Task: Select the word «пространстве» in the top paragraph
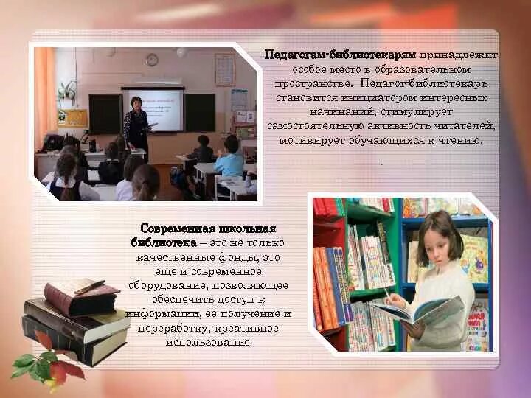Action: click(x=305, y=83)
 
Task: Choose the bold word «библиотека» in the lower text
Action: click(x=164, y=242)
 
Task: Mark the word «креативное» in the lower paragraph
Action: click(x=249, y=328)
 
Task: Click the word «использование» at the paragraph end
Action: click(x=208, y=342)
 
